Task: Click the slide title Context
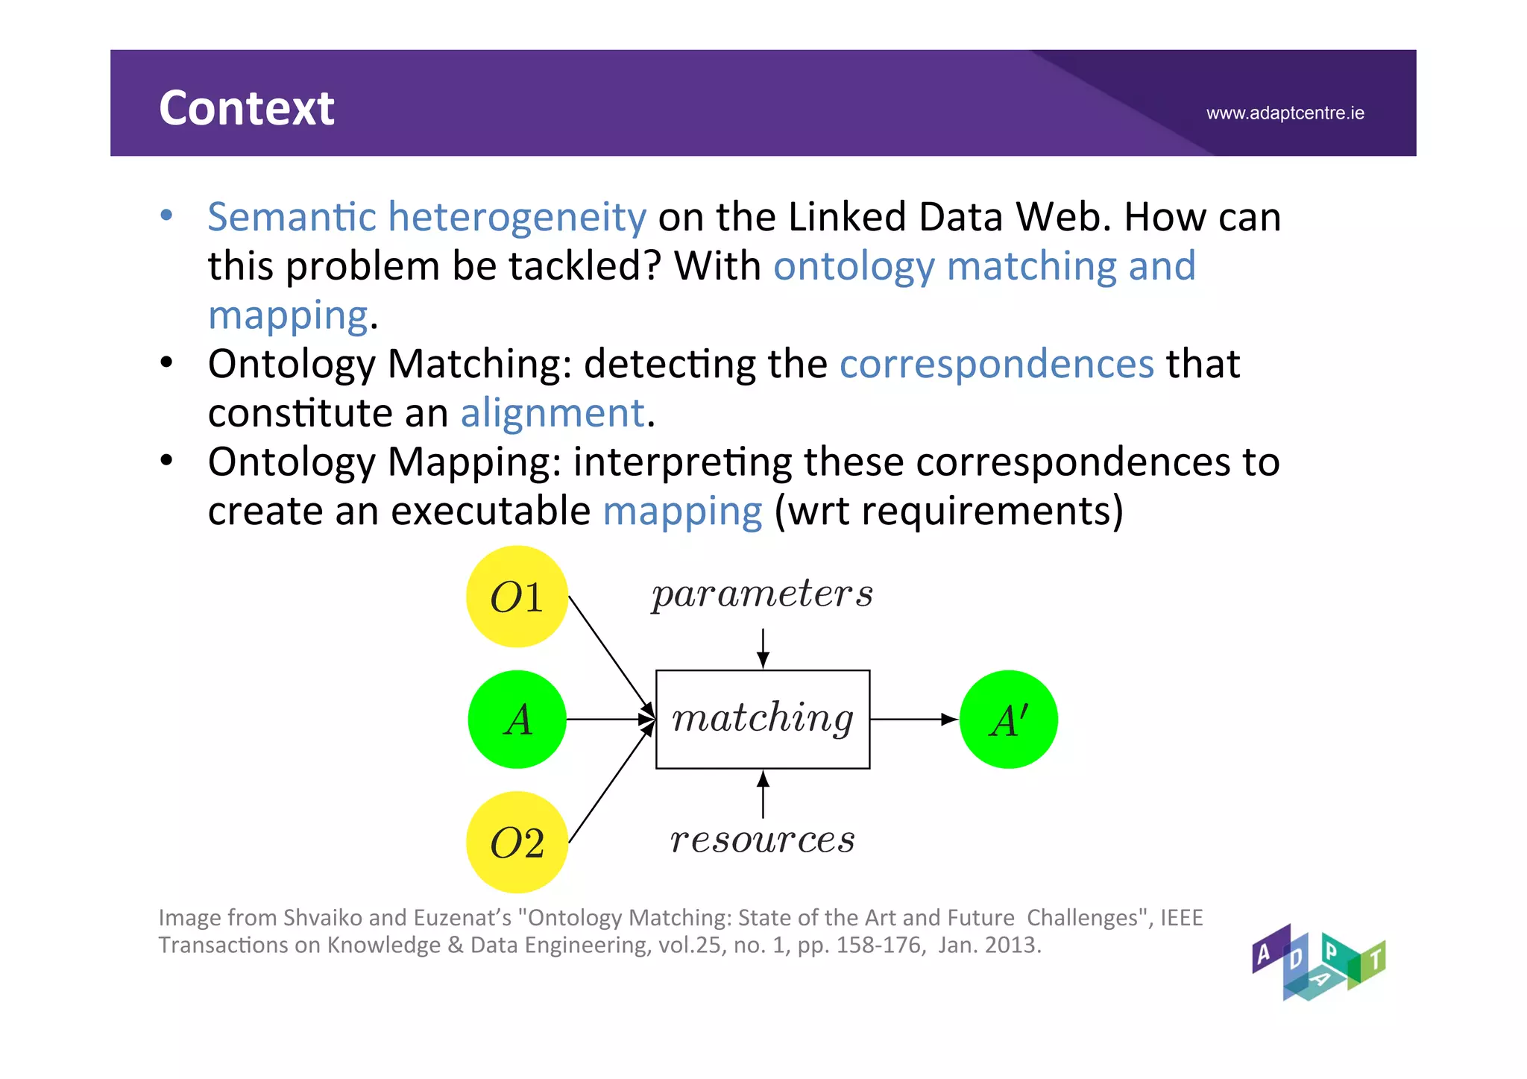tap(246, 108)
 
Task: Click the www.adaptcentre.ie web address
tap(1285, 113)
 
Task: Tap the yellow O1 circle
tap(517, 597)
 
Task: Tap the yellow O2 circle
tap(517, 843)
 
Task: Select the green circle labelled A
tap(517, 720)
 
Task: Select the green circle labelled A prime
tap(1008, 720)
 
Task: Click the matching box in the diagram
tap(762, 720)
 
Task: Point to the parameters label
tap(762, 594)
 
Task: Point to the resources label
tap(762, 840)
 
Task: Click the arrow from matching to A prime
tap(913, 720)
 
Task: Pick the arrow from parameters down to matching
tap(763, 647)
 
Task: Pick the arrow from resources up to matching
tap(763, 794)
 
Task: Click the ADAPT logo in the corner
tap(1318, 963)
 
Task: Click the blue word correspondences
tap(997, 364)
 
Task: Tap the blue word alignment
tap(552, 413)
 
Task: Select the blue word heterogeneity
tap(517, 217)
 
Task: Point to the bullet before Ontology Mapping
tap(166, 462)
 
